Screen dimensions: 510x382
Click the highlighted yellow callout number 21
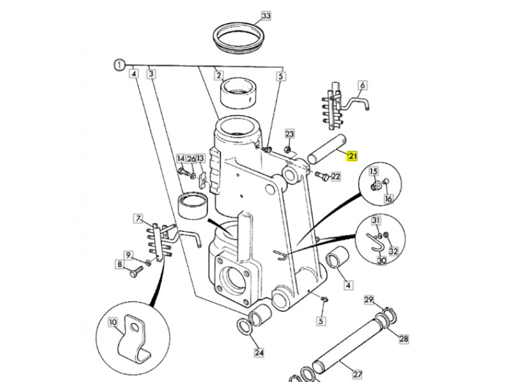pos(353,156)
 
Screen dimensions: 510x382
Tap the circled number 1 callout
pos(119,66)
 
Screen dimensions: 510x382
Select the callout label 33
pos(266,15)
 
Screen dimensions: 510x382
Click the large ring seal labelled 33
pos(238,38)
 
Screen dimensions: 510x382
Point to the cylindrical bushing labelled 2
pos(238,93)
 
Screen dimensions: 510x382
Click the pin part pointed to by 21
pos(327,150)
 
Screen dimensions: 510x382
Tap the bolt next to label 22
pos(321,176)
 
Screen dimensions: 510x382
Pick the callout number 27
pos(358,374)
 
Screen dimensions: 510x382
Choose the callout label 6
pos(362,85)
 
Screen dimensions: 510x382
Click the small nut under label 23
pos(288,150)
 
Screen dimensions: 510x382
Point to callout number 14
pos(181,159)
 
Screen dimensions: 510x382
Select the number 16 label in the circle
pos(388,199)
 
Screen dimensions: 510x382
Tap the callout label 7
pos(138,218)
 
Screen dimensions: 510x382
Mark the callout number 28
pos(404,339)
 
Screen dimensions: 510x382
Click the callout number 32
pos(393,251)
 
